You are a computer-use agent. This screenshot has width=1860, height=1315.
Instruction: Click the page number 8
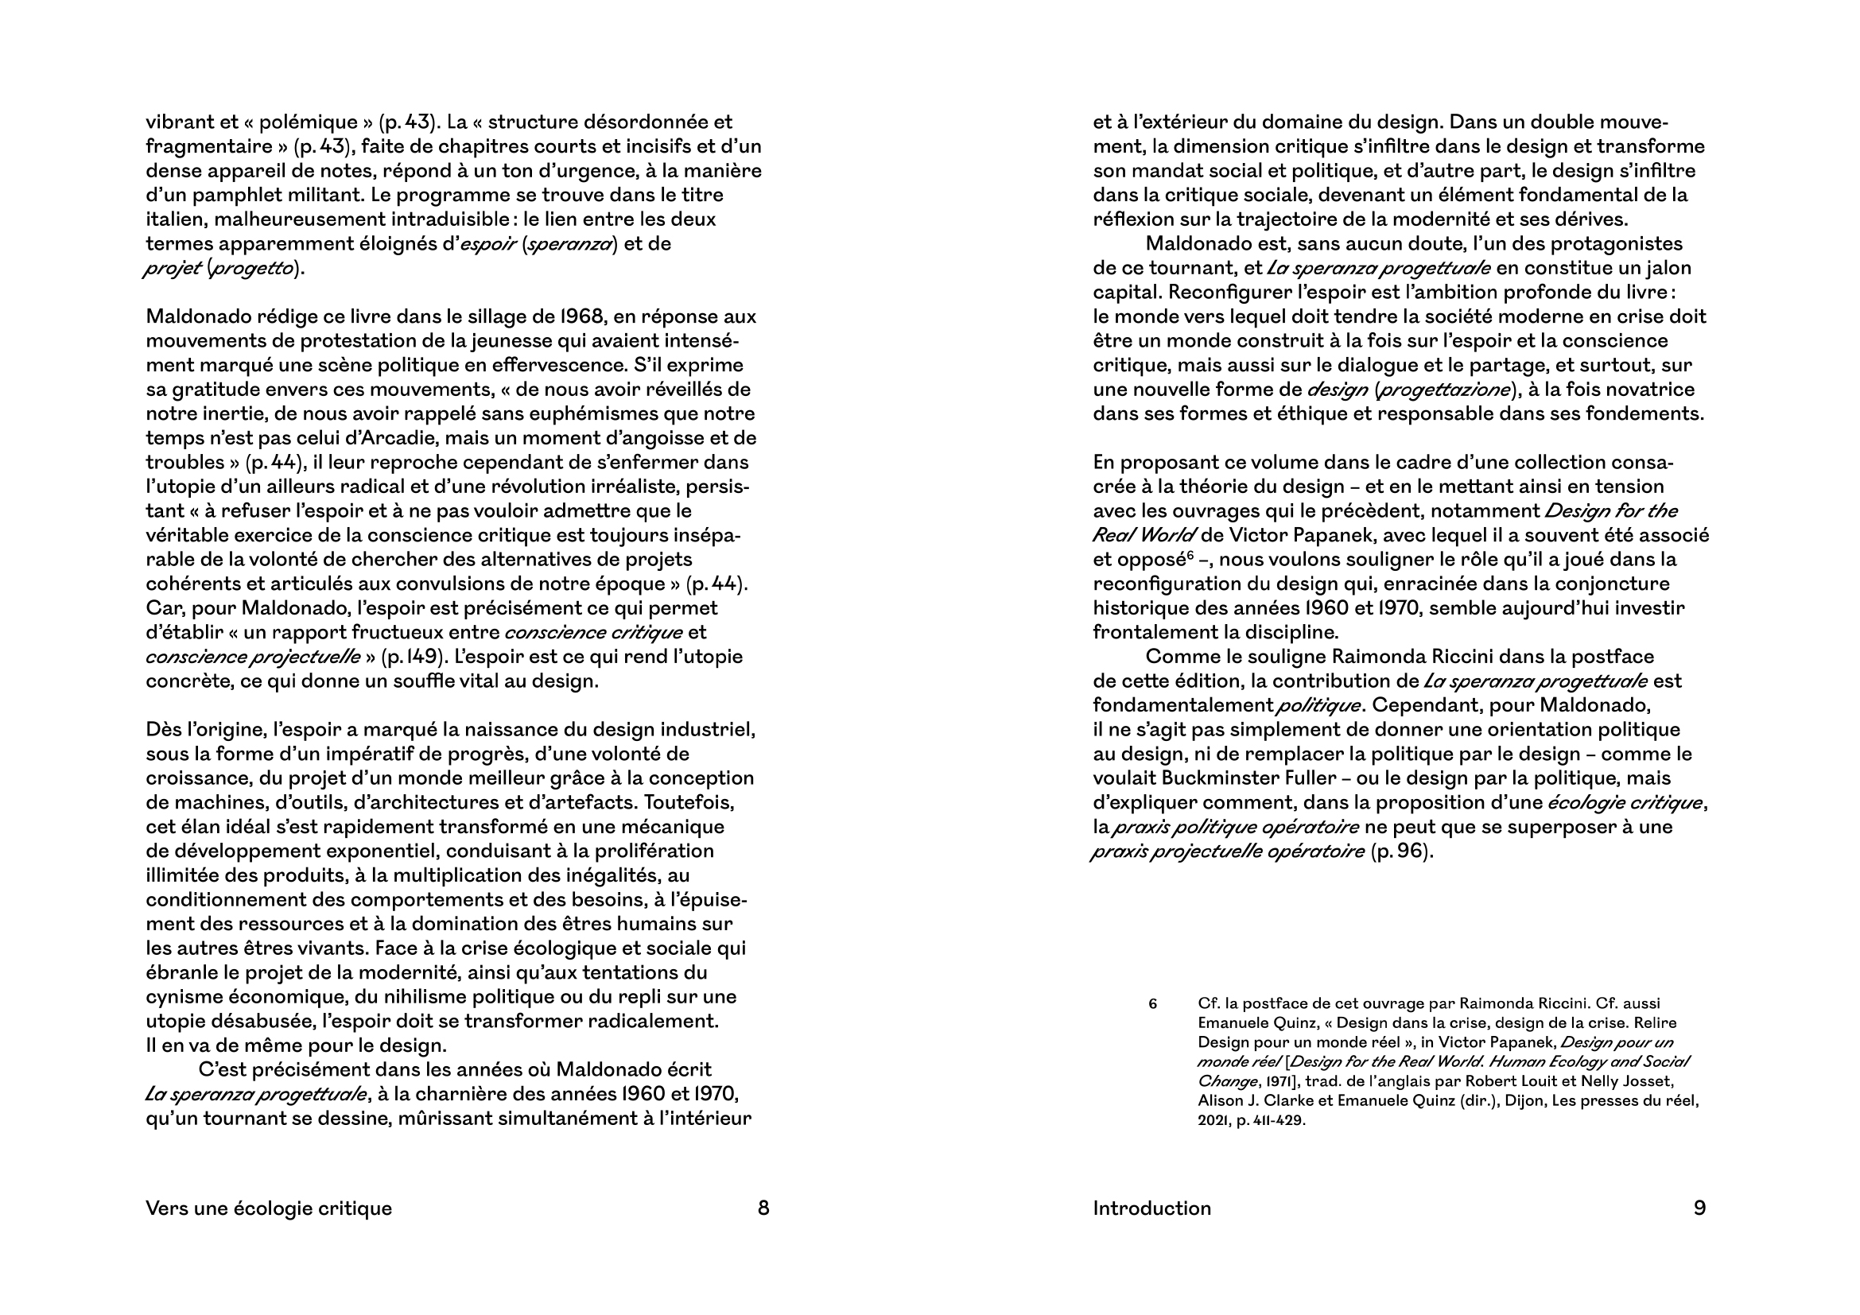point(763,1208)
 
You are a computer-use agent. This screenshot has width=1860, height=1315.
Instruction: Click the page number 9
point(1699,1208)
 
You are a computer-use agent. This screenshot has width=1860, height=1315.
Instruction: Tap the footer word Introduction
point(1152,1208)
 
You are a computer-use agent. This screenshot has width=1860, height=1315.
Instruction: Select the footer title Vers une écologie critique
point(268,1208)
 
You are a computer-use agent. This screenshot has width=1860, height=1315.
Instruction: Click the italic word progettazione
point(1445,390)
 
